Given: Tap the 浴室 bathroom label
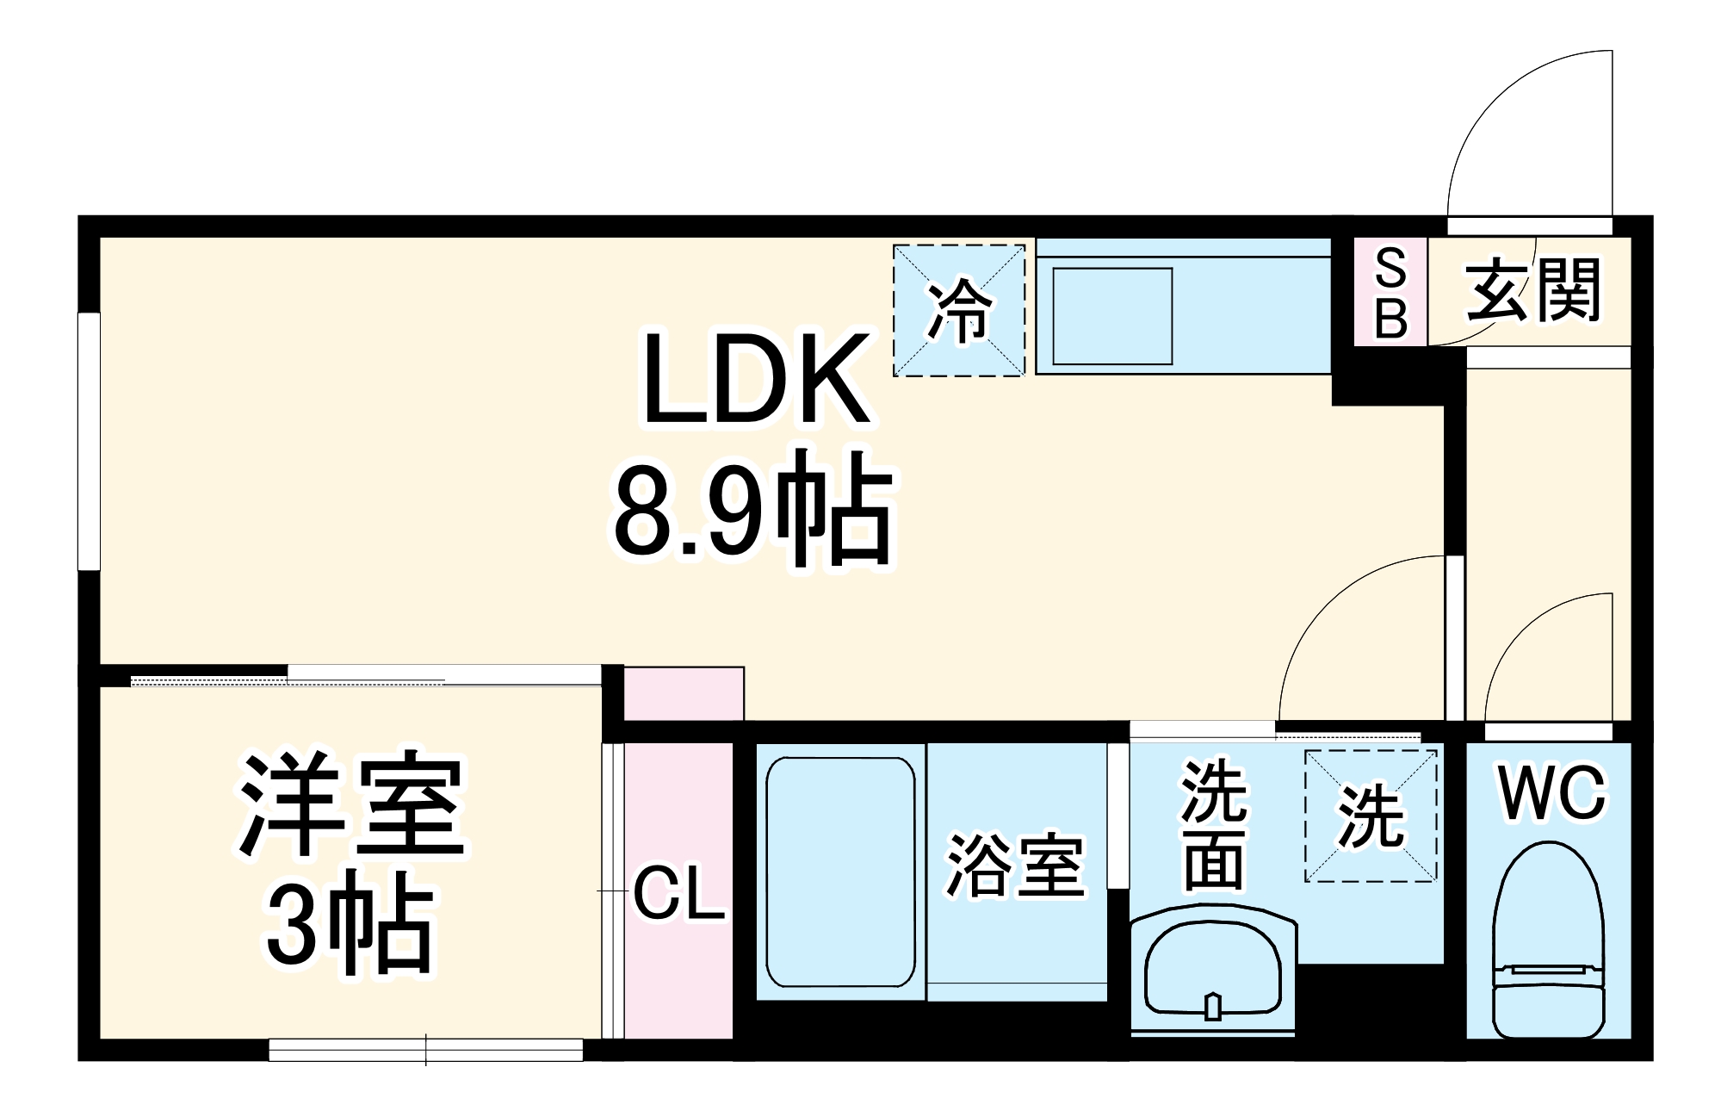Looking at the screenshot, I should coord(1015,866).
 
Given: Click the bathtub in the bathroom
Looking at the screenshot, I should coord(840,872).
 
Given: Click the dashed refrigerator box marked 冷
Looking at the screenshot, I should coord(958,310).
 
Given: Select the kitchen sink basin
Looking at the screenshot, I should coord(1112,315).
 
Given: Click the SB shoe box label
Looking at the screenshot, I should coord(1390,292).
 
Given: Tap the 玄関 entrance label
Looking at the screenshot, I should coord(1533,290).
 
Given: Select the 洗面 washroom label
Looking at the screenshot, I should coord(1214,824).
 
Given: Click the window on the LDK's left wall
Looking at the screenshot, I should coord(90,440).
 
